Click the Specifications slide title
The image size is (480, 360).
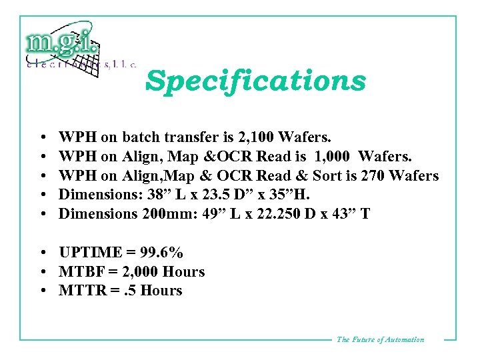tap(256, 81)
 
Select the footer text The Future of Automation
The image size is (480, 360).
tap(380, 339)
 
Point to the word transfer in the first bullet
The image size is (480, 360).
tap(189, 138)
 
